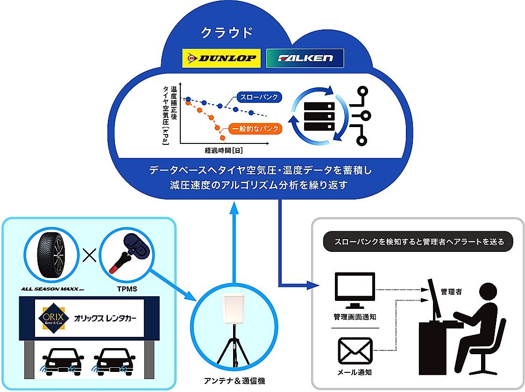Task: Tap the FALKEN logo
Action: [x=305, y=58]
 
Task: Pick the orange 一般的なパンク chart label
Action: [x=255, y=128]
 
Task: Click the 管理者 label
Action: [x=451, y=292]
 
